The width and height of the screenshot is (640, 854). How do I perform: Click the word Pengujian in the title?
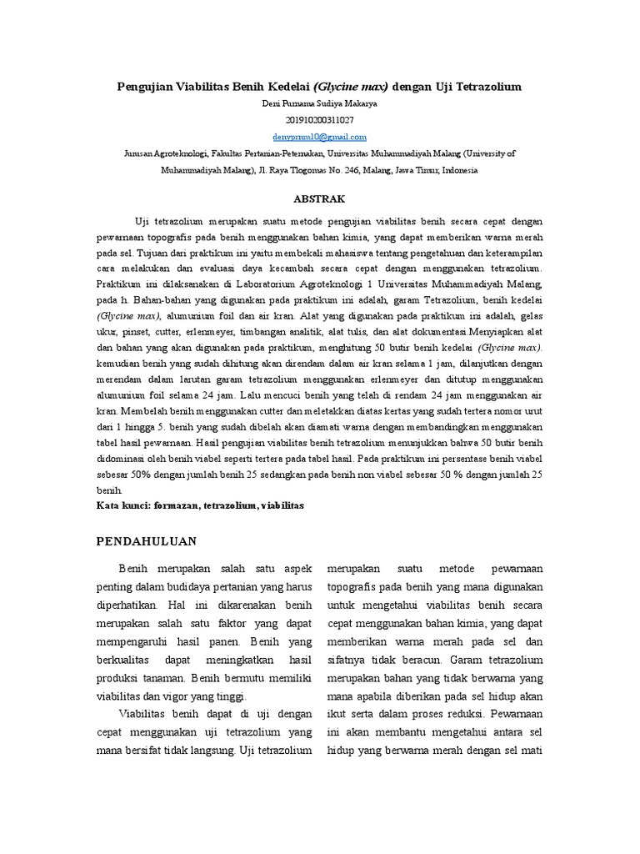[x=144, y=86]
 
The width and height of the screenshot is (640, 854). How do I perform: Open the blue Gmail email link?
[x=319, y=137]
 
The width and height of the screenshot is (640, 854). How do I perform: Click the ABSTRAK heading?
[x=320, y=199]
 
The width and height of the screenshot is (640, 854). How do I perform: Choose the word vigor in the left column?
[x=197, y=696]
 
